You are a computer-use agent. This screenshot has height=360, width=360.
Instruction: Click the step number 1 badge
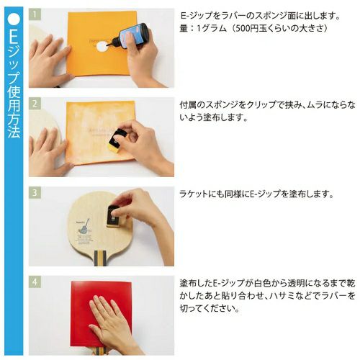(35, 14)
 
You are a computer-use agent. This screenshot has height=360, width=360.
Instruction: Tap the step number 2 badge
(35, 104)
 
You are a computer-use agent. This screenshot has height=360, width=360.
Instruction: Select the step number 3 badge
(35, 193)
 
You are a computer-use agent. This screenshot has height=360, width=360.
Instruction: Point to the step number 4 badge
(35, 282)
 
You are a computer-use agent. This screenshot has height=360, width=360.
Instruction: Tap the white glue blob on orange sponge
(102, 46)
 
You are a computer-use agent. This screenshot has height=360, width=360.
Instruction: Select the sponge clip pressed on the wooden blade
(114, 217)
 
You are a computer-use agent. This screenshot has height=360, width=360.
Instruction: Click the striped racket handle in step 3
(100, 258)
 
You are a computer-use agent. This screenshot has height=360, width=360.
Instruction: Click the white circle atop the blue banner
(14, 19)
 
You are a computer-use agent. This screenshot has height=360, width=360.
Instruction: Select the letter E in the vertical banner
(14, 36)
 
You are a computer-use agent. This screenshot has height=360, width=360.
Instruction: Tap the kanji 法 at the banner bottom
(14, 131)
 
